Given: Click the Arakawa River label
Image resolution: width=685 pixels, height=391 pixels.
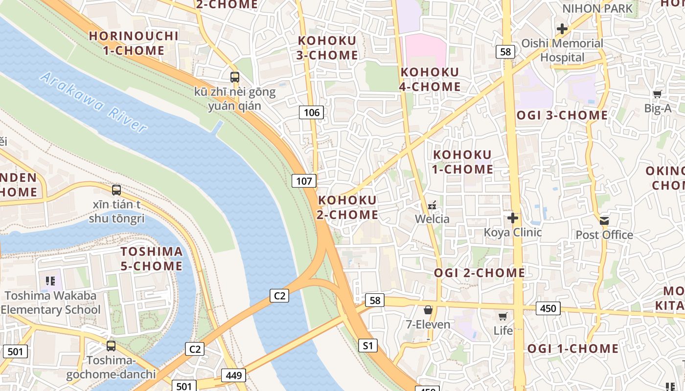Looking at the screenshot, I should [x=93, y=103].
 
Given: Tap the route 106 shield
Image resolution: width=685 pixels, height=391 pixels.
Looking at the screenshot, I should [x=311, y=113].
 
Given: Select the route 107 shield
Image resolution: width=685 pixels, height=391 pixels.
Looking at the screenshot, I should [x=304, y=181].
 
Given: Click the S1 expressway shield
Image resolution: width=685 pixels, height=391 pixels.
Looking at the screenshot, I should [x=367, y=346].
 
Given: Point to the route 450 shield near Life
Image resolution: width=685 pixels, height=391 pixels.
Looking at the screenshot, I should [x=548, y=308].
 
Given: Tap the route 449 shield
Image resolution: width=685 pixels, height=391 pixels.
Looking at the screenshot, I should [x=233, y=375].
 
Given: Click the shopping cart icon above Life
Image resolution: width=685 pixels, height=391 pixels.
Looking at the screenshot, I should [x=502, y=316].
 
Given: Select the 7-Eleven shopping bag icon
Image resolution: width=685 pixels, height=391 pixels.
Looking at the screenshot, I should [x=428, y=310].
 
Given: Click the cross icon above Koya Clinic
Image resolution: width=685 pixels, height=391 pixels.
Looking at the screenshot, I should [x=513, y=217].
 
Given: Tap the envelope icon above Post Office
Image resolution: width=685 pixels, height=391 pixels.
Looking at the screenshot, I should [x=604, y=220].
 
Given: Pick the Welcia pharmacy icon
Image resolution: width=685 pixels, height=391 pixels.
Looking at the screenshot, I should [x=432, y=205].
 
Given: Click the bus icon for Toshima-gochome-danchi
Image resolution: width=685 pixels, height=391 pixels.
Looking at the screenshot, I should [x=111, y=346].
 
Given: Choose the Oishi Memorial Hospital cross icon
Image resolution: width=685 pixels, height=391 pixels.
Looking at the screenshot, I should [x=562, y=29].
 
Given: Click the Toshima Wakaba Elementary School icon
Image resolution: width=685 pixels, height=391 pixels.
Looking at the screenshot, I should [x=50, y=281].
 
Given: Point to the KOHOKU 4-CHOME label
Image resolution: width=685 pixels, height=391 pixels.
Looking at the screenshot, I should [x=431, y=79].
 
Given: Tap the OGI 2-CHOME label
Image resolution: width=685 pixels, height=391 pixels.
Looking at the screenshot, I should [x=479, y=273].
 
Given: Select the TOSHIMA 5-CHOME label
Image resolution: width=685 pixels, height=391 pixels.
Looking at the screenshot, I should [x=152, y=259].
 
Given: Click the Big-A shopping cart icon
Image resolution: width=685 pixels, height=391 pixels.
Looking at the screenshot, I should [x=657, y=94].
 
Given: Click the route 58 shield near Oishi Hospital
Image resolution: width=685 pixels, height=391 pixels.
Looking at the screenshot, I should [x=505, y=52].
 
